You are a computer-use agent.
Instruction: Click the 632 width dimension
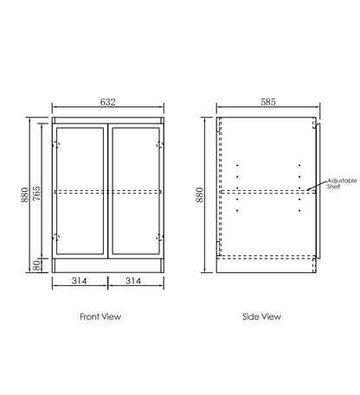[x=108, y=102]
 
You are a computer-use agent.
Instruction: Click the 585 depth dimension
[x=268, y=102]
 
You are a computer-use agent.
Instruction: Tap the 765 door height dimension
[x=36, y=194]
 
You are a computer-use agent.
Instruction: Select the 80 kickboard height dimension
[x=36, y=265]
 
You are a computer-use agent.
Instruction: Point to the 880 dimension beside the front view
[x=25, y=194]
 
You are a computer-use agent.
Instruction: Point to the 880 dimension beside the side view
[x=200, y=194]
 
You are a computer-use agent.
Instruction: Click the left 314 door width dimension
[x=80, y=281]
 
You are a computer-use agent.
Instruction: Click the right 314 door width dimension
[x=133, y=281]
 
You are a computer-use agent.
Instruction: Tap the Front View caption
[x=100, y=316]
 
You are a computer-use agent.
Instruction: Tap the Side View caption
[x=261, y=316]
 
